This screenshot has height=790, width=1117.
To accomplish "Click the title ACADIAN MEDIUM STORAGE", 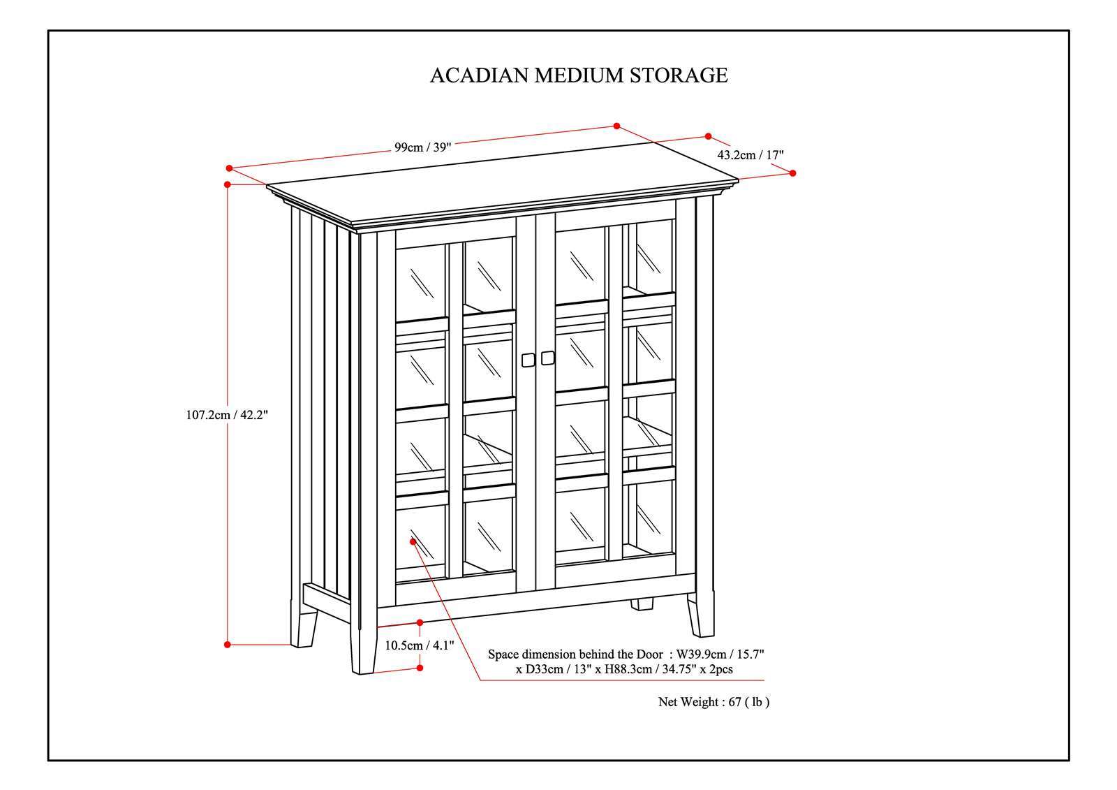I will (x=578, y=75).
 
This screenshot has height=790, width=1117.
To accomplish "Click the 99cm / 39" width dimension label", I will (x=423, y=147).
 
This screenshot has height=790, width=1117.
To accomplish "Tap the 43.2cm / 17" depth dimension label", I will (x=750, y=155).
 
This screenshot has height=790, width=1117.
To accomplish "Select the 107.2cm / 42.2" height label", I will (x=227, y=414).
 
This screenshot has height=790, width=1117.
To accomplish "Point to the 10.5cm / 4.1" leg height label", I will (x=420, y=645).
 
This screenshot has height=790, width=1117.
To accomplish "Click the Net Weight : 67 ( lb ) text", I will (x=713, y=702).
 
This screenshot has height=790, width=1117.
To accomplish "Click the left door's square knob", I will (x=528, y=359).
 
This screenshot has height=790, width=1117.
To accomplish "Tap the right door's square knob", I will (x=547, y=357).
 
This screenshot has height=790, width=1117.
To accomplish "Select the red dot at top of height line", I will (x=228, y=184).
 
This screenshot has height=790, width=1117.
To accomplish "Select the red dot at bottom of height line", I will (x=228, y=645).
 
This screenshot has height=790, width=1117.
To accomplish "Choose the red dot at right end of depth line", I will (x=793, y=173).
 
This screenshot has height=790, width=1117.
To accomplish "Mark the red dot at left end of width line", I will (x=229, y=168).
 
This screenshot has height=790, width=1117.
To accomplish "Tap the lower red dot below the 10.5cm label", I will (x=420, y=668).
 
